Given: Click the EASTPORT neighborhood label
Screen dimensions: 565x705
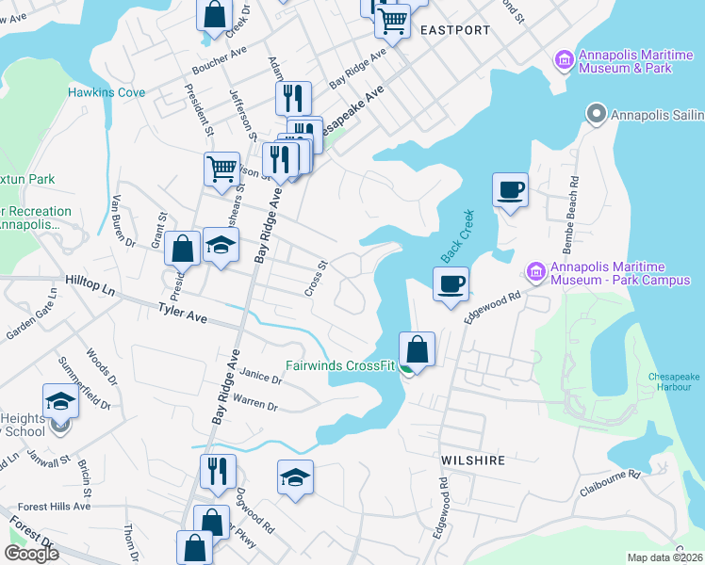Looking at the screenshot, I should (455, 30).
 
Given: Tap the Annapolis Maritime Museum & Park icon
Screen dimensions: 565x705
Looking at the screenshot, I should (565, 61).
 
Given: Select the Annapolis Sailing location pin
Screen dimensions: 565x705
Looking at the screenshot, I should (596, 115).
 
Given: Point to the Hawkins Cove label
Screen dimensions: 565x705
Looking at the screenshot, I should (107, 92).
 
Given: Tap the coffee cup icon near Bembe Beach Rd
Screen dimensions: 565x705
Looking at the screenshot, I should (510, 190).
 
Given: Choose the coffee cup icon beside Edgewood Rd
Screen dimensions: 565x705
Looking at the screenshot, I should (451, 282).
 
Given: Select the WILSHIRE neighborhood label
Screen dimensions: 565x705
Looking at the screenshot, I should (473, 460).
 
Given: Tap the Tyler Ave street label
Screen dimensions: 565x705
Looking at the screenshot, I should (182, 312).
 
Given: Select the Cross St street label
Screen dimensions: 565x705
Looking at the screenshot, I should (316, 279).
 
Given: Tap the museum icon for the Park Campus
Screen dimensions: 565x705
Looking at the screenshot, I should (536, 271).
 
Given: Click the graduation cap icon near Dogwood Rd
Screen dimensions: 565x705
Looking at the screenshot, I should (295, 477).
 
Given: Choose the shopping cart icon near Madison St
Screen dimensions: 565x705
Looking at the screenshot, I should (221, 169).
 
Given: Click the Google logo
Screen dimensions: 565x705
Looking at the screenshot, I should (31, 554).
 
